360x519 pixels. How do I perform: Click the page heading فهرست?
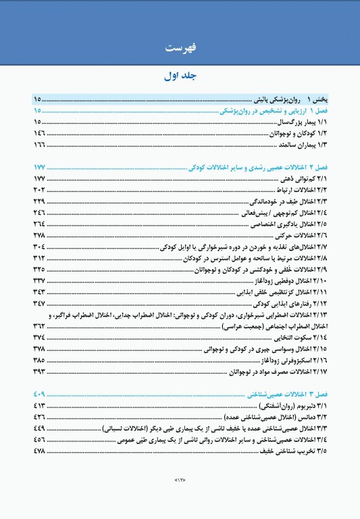click(x=180, y=48)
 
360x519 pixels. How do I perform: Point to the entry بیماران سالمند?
click(x=297, y=145)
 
